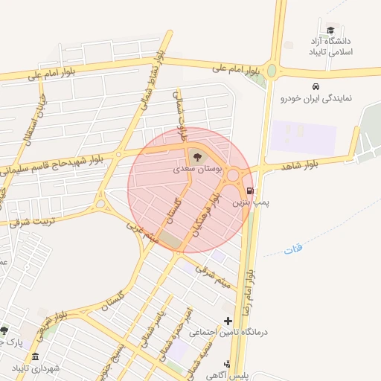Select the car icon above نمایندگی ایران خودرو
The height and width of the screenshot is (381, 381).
tap(316, 86)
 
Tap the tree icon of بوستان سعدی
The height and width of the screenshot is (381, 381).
tap(196, 156)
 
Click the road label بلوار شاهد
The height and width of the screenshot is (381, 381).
tap(305, 162)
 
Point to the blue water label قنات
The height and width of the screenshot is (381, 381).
tap(293, 250)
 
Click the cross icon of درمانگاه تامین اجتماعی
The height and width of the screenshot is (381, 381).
tap(228, 320)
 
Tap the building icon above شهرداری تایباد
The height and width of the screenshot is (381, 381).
tap(36, 357)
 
